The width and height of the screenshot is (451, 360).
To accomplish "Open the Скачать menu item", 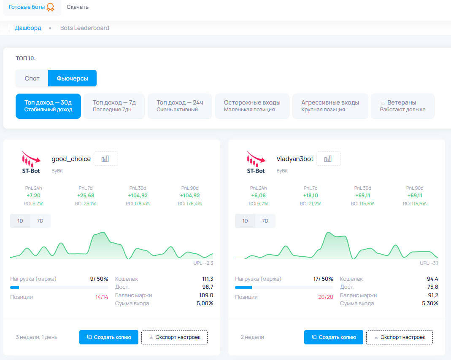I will tap(78, 7).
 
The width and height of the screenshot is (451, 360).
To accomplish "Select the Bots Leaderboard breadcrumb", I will tap(84, 28).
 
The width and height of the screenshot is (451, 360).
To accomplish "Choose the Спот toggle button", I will tap(32, 78).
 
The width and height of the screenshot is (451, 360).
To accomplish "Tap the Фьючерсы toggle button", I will tap(72, 78).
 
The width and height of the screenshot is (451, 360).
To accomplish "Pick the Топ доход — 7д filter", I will tap(114, 106).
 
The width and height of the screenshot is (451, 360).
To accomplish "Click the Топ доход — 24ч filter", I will tap(180, 106).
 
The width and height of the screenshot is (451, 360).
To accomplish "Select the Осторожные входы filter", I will tap(252, 106).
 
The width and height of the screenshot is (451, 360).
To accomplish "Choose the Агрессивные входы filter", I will tap(330, 106).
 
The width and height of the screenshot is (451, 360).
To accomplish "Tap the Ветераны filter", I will tap(402, 106).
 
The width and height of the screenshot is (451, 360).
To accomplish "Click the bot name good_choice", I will tap(71, 159).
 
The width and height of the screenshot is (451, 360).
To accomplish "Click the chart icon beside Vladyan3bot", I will tap(328, 159).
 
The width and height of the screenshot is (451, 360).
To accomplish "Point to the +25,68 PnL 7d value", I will tap(86, 196).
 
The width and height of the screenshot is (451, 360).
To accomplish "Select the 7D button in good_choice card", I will tap(41, 221).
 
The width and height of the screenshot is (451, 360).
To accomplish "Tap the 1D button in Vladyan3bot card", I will tap(245, 221).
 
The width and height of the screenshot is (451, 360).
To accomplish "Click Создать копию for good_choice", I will tap(108, 337).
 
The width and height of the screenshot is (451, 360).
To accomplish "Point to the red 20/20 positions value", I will tap(326, 297).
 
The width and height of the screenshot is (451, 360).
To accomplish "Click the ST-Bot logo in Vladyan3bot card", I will tap(256, 162).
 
